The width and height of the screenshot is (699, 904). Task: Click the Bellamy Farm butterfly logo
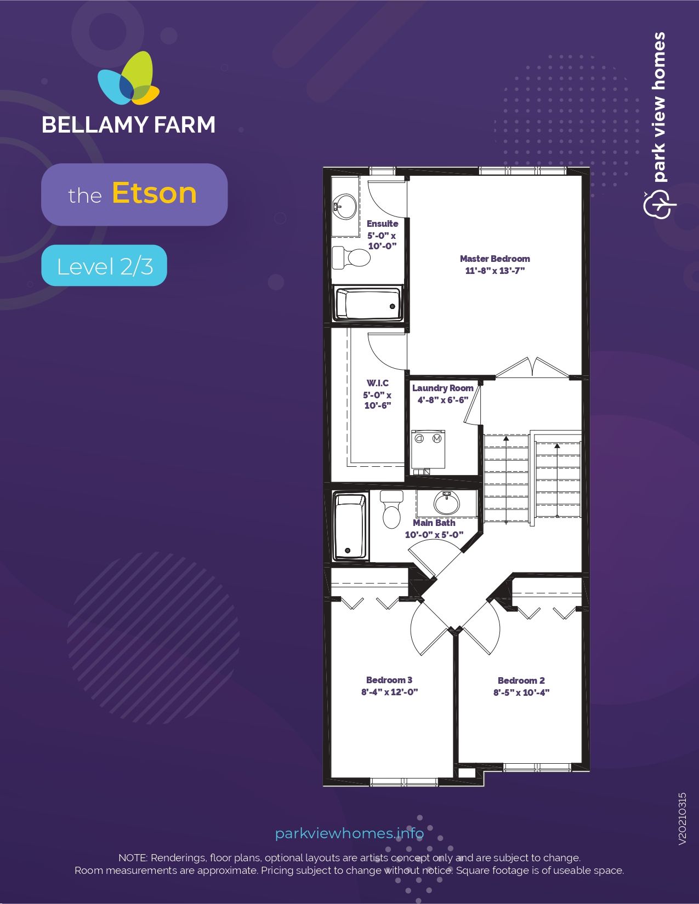click(x=128, y=78)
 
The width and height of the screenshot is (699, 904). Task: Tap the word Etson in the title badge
click(x=154, y=193)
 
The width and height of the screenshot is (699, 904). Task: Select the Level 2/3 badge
click(x=104, y=265)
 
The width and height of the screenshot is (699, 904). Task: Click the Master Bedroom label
click(x=495, y=259)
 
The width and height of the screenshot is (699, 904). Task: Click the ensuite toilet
click(x=351, y=257)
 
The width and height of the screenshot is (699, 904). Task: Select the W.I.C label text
click(x=378, y=383)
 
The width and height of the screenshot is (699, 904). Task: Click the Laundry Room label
click(x=443, y=388)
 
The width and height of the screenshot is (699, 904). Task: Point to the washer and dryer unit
click(x=428, y=449)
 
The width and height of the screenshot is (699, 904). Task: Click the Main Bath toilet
click(x=391, y=509)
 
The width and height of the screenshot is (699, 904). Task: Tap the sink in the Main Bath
click(x=447, y=503)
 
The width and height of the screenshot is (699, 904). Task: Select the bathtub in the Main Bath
click(x=350, y=527)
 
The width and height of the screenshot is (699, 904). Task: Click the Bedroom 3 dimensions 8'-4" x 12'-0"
click(x=390, y=692)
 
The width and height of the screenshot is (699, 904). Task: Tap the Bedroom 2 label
click(x=521, y=680)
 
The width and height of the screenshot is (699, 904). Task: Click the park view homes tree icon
click(x=660, y=204)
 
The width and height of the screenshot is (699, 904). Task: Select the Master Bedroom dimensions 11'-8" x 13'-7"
click(x=495, y=271)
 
